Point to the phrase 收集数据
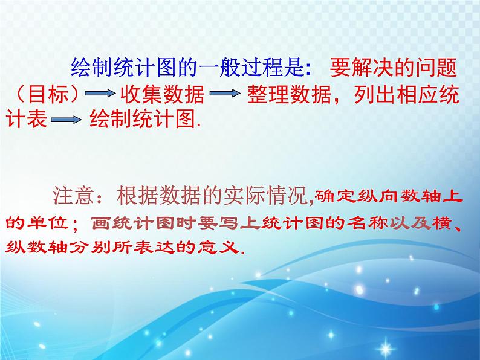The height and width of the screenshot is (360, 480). click(x=157, y=95)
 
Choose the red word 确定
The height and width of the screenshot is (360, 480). click(x=331, y=194)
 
